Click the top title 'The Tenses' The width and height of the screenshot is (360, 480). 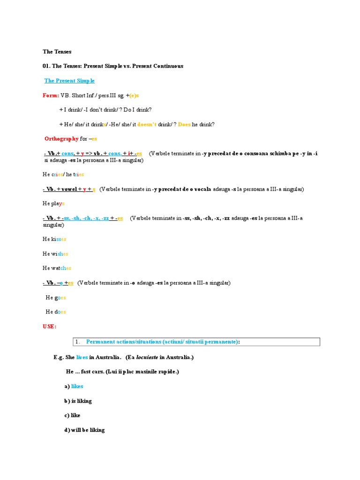point(57,52)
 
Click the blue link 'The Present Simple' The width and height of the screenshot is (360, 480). point(69,81)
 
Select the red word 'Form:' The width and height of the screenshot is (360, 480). point(51,95)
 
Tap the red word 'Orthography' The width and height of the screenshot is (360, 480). point(61,139)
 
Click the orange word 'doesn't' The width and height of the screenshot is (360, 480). point(147,124)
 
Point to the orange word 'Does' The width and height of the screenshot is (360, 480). point(184,124)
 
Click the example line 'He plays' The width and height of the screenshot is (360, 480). point(53,203)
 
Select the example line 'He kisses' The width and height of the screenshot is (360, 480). point(54,239)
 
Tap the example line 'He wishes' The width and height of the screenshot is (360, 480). point(55,254)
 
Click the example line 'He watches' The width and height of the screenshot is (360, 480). point(57,268)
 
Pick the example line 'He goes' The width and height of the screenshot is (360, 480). point(56,297)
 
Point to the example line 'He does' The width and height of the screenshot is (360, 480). point(56,312)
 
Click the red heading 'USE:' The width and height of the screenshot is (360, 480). point(49,326)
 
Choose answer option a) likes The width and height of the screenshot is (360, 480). point(74,386)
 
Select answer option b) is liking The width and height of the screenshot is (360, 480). point(78,401)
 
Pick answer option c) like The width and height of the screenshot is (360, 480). point(73,415)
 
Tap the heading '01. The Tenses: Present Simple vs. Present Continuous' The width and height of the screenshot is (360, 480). point(113,66)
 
